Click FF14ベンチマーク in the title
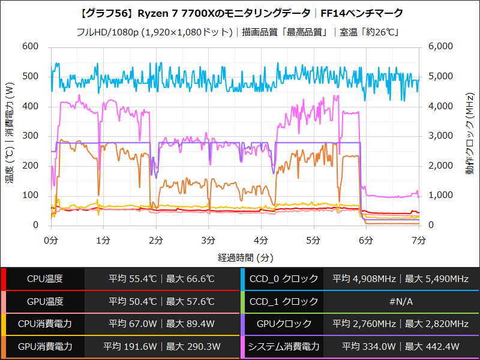362,13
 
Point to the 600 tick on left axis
29,47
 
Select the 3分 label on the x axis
209,241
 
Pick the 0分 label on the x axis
52,241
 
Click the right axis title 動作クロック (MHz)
469,134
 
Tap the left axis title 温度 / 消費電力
10,134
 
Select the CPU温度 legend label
44,279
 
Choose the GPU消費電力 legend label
44,346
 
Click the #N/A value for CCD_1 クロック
400,301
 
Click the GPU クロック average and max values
400,324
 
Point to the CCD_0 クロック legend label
284,279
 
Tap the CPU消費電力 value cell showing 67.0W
161,324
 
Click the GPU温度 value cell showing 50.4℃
161,301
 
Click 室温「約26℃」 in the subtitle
370,32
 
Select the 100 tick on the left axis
29,196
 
